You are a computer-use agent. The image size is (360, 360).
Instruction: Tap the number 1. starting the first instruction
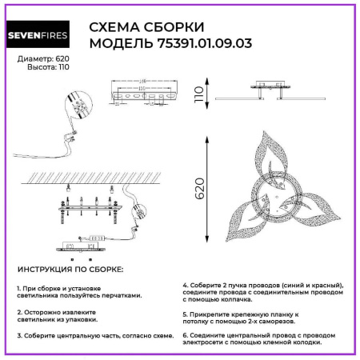[x=19, y=287]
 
